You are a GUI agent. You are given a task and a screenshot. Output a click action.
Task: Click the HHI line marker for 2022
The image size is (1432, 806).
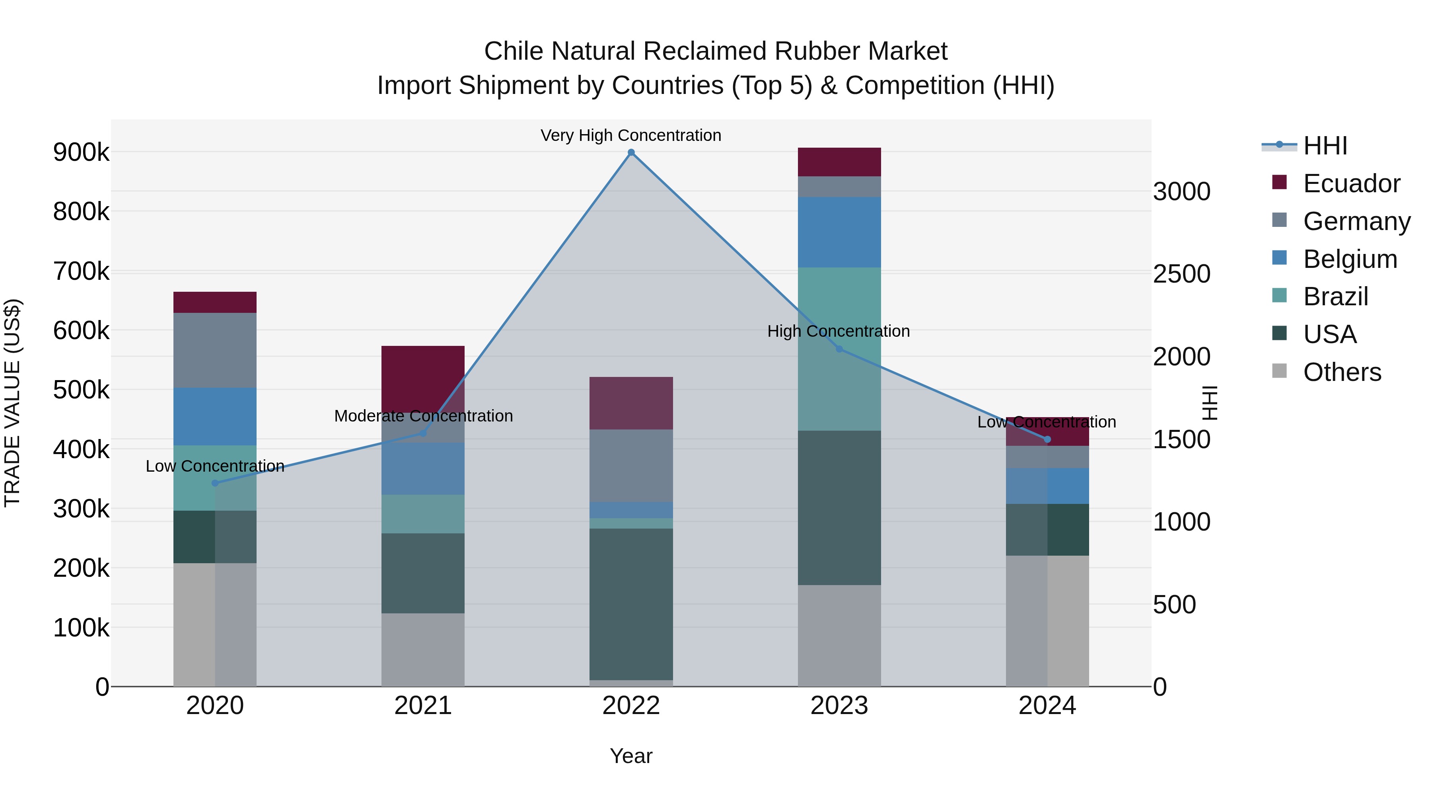point(631,152)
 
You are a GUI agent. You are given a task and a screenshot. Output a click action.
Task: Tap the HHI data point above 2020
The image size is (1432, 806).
point(215,483)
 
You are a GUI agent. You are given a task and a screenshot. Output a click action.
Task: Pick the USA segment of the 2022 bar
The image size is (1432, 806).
point(631,603)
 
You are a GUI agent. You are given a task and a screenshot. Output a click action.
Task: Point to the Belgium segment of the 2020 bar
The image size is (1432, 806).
point(215,416)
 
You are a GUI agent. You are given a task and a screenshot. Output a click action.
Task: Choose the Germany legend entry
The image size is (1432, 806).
point(1356,221)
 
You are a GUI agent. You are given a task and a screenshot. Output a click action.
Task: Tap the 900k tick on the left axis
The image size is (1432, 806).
point(81,152)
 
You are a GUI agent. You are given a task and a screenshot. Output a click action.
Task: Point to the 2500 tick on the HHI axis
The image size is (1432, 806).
point(1181,274)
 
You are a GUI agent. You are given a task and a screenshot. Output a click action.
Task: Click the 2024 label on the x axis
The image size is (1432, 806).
point(1047,706)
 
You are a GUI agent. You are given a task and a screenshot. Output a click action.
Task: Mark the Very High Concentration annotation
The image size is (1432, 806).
point(631,135)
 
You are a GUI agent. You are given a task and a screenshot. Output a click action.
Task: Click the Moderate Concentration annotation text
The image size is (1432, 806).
point(423,416)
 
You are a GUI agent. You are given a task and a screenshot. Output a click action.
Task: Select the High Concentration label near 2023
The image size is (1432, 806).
point(838,331)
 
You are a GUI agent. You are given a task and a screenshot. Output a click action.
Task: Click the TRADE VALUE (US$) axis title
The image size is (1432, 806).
point(13,403)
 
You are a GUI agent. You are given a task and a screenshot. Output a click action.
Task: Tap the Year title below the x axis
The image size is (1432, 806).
point(631,756)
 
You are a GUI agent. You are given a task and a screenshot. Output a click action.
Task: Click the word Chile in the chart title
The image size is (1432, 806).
point(515,51)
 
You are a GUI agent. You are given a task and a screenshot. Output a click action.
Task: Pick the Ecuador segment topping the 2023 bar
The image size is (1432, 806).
point(839,162)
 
